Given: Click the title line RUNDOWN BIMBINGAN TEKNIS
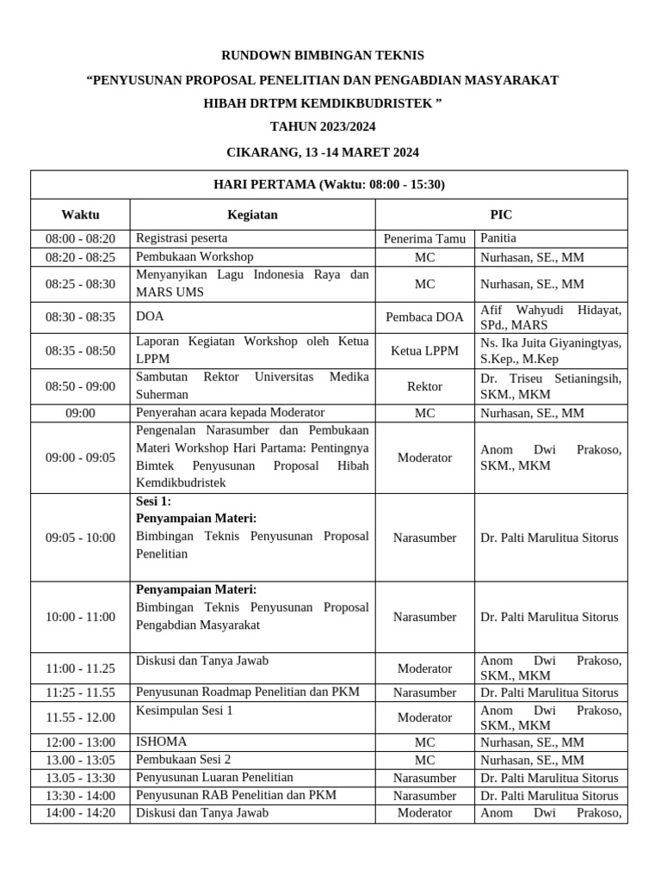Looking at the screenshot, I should (323, 55).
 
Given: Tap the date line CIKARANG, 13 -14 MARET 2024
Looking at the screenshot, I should (323, 152).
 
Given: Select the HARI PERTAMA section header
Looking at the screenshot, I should (329, 184).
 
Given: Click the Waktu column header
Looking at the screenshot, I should (80, 214).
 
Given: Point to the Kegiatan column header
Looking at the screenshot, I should (252, 214).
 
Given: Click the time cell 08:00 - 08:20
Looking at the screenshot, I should (80, 239).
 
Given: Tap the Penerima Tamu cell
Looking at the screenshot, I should (424, 239).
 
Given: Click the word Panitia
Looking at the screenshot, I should (498, 238).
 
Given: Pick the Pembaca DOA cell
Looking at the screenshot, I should (424, 317).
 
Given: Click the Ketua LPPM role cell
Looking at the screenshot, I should (424, 351).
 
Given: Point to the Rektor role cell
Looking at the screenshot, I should (424, 386).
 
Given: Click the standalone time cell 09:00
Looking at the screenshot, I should (80, 413).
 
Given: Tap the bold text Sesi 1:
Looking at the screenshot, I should (154, 501).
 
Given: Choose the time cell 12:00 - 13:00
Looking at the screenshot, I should (80, 742).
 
